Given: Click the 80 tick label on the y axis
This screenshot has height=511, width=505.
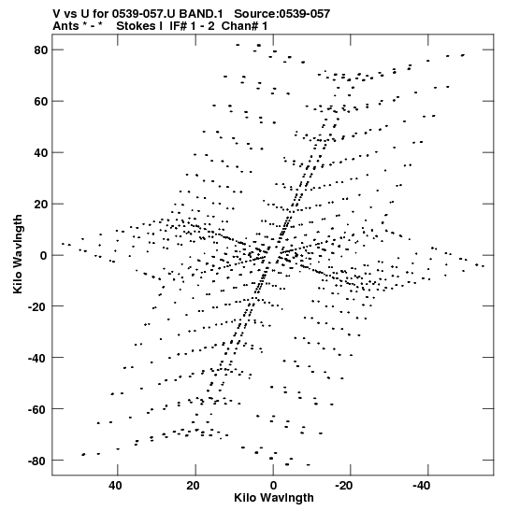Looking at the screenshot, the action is [x=41, y=50].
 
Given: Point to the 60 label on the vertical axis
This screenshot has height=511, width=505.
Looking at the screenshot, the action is [x=41, y=101].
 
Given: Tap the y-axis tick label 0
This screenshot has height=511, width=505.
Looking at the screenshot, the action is [x=44, y=256].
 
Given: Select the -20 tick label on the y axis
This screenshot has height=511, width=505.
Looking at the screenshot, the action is [x=37, y=306].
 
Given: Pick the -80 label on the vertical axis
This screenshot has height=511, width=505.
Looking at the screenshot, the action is [x=37, y=461].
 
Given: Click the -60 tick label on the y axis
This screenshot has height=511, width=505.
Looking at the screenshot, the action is [x=37, y=409].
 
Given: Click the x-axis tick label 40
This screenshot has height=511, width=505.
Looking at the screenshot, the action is [x=116, y=486].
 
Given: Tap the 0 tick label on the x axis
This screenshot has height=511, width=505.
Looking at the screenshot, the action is [x=273, y=486].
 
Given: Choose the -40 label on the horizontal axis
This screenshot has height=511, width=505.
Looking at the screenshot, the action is [x=421, y=486].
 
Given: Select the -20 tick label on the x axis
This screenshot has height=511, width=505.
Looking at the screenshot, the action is [x=343, y=486].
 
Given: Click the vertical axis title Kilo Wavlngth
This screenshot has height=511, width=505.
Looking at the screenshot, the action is [x=18, y=254].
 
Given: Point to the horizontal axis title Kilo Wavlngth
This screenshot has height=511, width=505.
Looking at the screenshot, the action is [x=274, y=498].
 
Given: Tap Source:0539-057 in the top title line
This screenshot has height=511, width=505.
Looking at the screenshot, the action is [x=281, y=14].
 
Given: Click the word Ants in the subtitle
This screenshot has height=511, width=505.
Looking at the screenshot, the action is [x=65, y=26].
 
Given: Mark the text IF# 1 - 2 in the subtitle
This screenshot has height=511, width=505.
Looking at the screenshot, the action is [x=192, y=26].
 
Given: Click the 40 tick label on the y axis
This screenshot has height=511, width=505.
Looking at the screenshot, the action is [x=41, y=153].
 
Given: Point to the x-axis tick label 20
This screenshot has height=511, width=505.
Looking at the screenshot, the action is [x=193, y=486].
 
